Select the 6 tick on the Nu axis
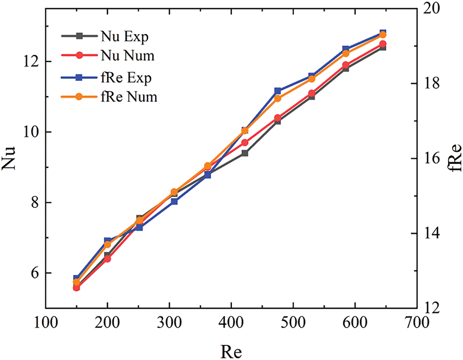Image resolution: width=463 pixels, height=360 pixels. [35, 273]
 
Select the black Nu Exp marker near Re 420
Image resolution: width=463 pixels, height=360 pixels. [245, 153]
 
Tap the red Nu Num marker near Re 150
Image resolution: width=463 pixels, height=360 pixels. [76, 288]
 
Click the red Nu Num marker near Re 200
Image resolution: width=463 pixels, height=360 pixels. [107, 259]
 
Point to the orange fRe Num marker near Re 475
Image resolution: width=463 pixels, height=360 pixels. [278, 98]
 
